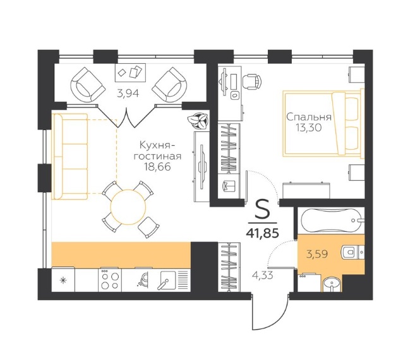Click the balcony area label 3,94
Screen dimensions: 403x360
coord(128,94)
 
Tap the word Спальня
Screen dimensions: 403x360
coord(309,117)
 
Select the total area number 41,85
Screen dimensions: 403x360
coord(262,233)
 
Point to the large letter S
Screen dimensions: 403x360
coord(263,210)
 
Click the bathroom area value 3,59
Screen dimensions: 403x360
coord(317,255)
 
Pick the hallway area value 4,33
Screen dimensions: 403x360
coord(262,275)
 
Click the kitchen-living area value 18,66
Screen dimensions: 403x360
coord(157,167)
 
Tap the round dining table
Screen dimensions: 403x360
coord(128,207)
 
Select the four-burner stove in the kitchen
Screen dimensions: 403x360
coord(110,280)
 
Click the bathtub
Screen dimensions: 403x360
coord(331,220)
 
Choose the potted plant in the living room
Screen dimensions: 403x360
coord(198,120)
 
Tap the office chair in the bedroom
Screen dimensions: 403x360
coord(252,81)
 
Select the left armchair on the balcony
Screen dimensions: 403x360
coord(88,85)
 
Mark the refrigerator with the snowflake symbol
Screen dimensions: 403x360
coord(63,280)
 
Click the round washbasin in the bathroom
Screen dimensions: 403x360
coord(332,285)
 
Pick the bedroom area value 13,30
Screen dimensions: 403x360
coord(308,128)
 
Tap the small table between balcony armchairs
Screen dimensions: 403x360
coord(130,72)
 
